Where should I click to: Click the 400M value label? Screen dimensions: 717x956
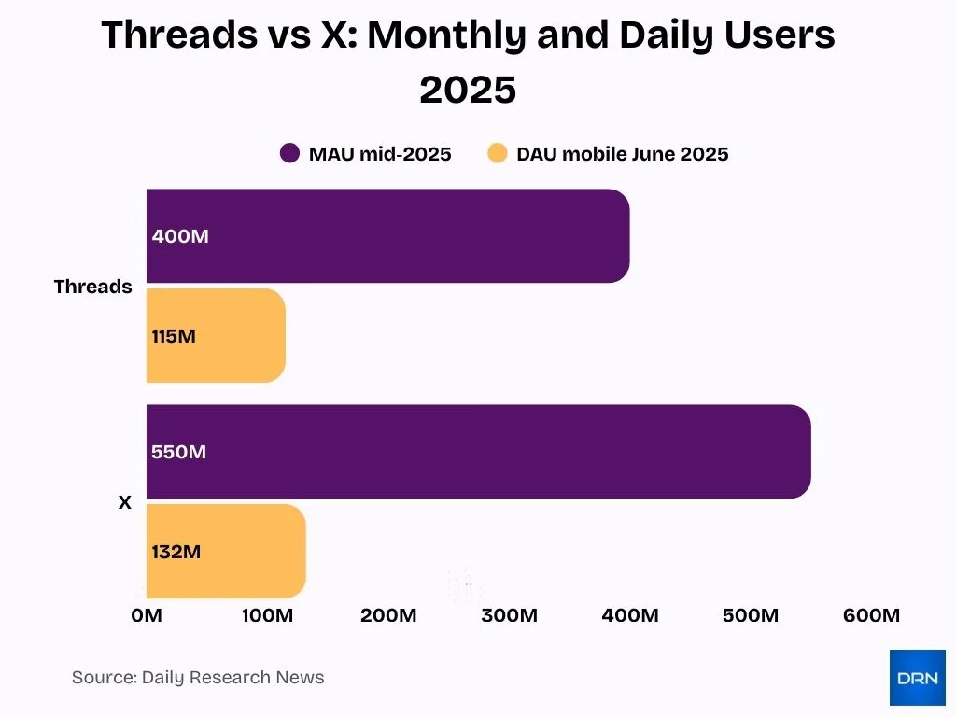point(180,236)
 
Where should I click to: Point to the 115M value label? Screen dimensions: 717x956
point(174,336)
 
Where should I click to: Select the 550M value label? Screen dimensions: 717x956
point(178,452)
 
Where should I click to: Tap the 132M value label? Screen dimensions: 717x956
point(176,552)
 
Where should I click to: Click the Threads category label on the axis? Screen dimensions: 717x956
point(92,287)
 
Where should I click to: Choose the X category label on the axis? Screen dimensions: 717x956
point(124,502)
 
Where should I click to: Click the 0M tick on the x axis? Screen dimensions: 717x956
point(147,615)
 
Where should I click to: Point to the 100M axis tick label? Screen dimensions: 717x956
point(267,615)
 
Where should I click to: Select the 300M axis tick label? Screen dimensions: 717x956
point(509,615)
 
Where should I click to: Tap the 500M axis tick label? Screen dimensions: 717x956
point(751,615)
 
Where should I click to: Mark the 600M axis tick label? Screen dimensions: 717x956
point(871,615)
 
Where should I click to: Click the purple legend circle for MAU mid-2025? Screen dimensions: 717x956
point(290,154)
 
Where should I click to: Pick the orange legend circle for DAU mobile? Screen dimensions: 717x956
point(498,154)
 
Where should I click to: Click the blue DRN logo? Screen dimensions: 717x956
point(917,678)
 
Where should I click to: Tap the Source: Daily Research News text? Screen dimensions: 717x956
point(198,678)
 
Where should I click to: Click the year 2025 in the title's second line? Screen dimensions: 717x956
point(468,91)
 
